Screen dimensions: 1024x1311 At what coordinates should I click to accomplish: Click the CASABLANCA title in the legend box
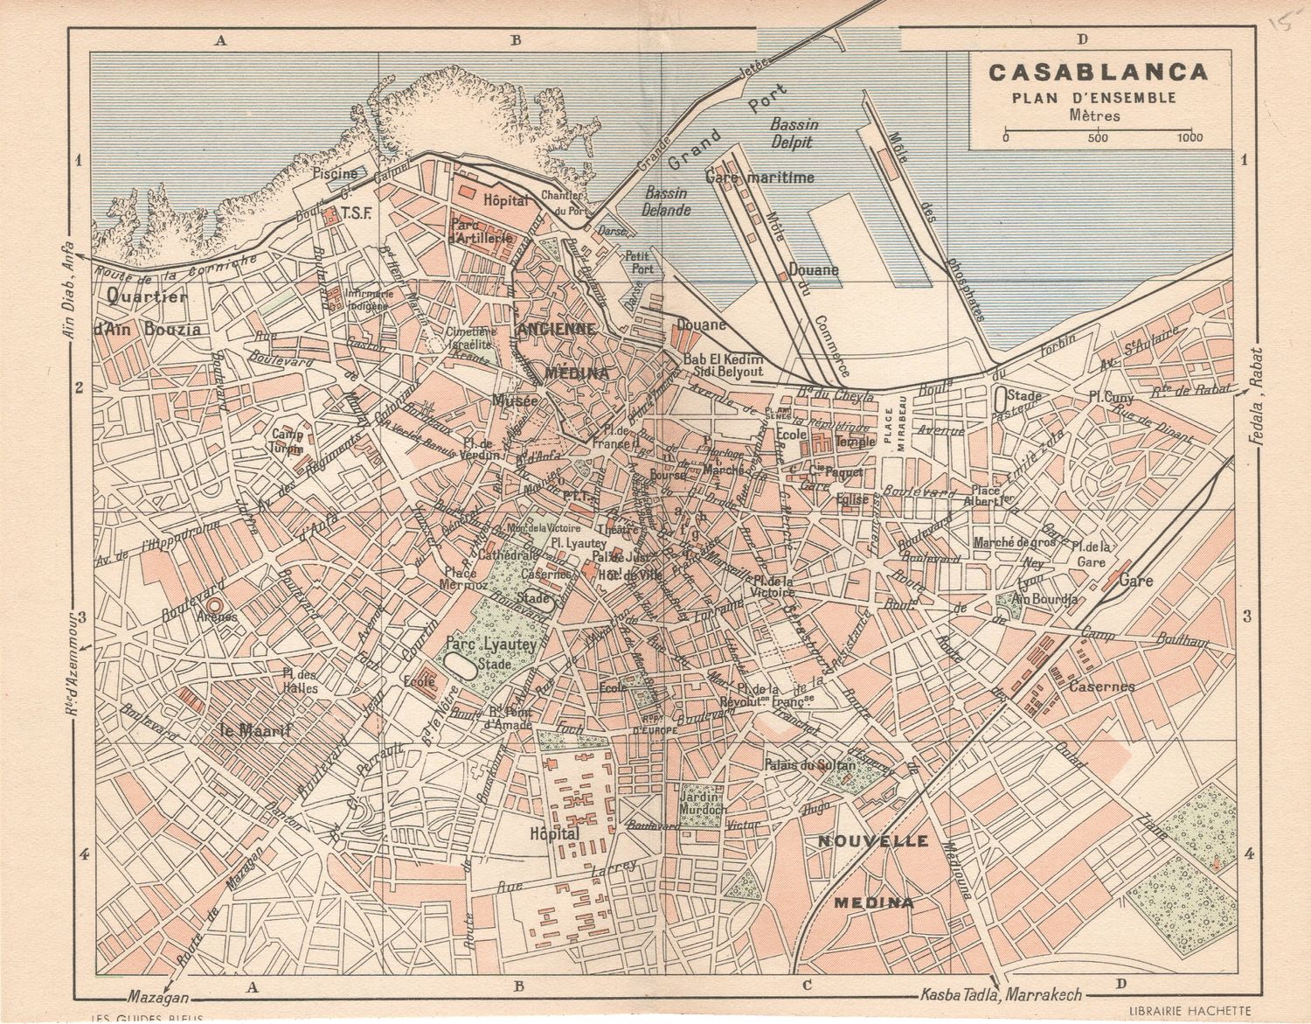(1098, 72)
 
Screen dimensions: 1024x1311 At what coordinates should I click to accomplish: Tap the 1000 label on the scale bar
(1190, 137)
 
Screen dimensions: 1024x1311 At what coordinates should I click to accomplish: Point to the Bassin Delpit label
(794, 133)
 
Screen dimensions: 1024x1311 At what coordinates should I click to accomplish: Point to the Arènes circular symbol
(213, 603)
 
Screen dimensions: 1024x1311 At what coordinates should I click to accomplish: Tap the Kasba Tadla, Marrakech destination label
(1002, 996)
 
